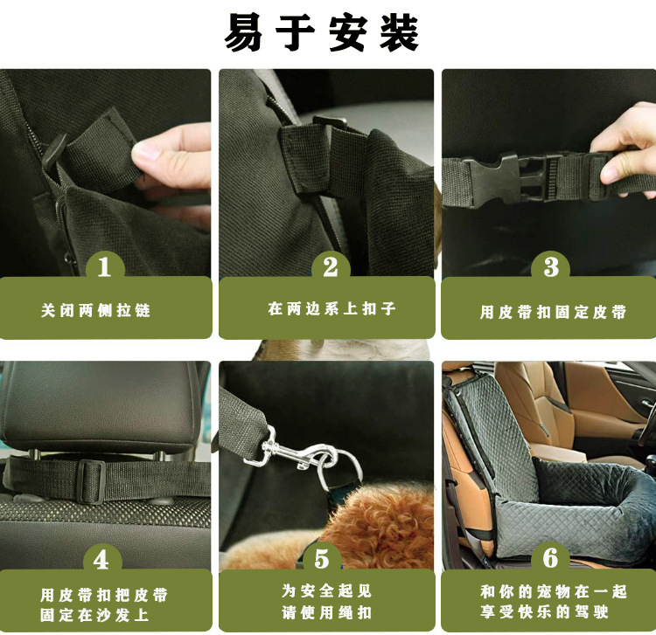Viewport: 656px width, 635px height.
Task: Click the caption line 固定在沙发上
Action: coord(95,614)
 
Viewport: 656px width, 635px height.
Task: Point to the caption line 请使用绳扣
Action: coord(326,612)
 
